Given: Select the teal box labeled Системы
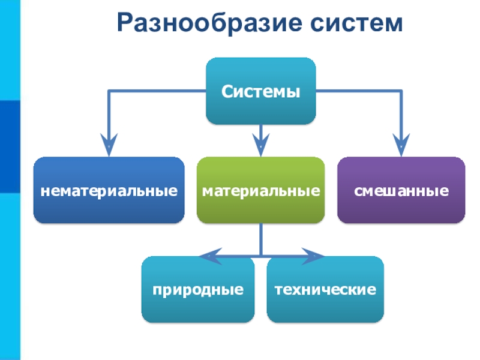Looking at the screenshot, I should pos(260,91).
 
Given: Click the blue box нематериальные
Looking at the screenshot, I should pos(109,190).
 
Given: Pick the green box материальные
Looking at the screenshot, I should pos(260,190).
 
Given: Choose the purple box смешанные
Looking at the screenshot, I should pos(401,190).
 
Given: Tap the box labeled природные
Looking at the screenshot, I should pos(198,289).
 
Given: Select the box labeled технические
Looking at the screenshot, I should pos(325,289).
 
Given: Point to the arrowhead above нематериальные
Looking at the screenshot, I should pos(109,142).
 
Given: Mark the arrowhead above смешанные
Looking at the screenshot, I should pos(401,142).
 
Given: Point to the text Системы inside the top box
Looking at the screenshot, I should pos(260,92).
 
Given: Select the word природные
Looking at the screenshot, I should pos(198,290).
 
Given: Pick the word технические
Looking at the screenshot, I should pos(325,290).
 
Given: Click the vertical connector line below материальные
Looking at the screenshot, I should pos(260,238).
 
